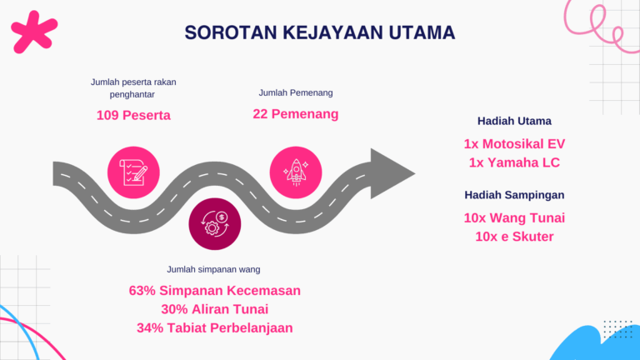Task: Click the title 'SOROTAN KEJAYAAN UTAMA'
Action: (x=320, y=32)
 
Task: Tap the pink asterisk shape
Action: (x=33, y=32)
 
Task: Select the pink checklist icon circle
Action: (x=133, y=172)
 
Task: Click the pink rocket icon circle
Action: (x=296, y=172)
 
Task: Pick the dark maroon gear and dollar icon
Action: (x=215, y=224)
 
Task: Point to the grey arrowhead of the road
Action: (x=390, y=174)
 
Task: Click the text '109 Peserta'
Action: (x=133, y=115)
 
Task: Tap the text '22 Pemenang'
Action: (x=296, y=114)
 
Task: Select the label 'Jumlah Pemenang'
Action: (x=296, y=92)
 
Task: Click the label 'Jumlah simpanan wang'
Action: (x=213, y=269)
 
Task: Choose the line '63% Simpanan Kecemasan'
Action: (x=215, y=291)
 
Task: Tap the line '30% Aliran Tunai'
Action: (x=215, y=309)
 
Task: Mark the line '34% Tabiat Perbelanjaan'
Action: (x=215, y=327)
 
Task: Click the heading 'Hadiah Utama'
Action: (x=514, y=121)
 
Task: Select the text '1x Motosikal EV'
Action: (x=514, y=143)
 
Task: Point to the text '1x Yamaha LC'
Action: (x=514, y=162)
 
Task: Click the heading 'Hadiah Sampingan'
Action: (x=514, y=195)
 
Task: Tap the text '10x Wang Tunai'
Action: (x=514, y=217)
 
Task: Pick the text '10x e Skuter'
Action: (x=514, y=237)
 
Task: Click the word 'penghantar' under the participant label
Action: (x=132, y=94)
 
